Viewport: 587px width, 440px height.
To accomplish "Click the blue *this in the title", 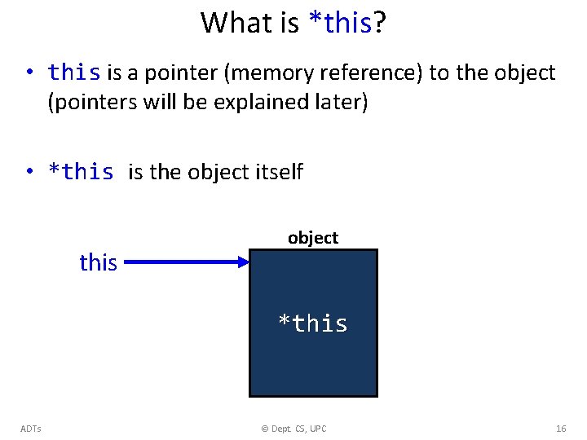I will pos(341,23).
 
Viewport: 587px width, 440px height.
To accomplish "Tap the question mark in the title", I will pos(380,23).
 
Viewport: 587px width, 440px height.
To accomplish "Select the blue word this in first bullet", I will pos(74,73).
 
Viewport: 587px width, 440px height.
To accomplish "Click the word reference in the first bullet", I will pos(373,73).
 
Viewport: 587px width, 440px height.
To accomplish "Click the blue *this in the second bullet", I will pos(81,172).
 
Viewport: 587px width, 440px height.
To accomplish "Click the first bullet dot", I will pos(29,73).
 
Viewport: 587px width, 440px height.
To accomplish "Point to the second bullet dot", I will pos(29,172).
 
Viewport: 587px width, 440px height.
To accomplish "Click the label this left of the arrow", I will pos(98,262).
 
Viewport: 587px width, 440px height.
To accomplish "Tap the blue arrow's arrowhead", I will pos(242,262).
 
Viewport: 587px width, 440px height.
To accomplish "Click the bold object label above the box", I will pos(312,238).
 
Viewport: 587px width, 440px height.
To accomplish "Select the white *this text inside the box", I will pos(313,323).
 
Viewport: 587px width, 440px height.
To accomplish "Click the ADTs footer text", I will pos(32,429).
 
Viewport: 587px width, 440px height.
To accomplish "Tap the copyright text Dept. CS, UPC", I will pos(293,429).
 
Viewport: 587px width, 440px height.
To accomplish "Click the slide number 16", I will pos(561,429).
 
